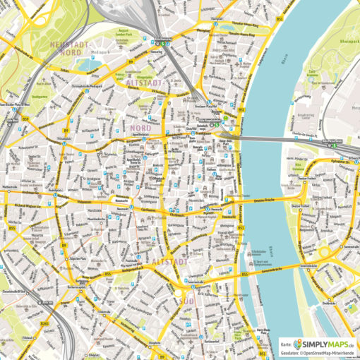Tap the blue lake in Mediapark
click(88, 64)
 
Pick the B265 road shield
click(44, 304)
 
